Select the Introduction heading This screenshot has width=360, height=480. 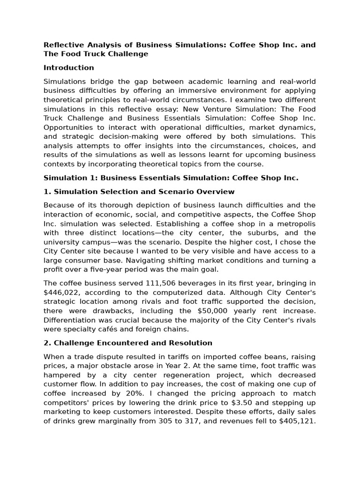point(68,68)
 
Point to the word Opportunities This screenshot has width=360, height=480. point(70,128)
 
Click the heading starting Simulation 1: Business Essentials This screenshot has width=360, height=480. point(171,178)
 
